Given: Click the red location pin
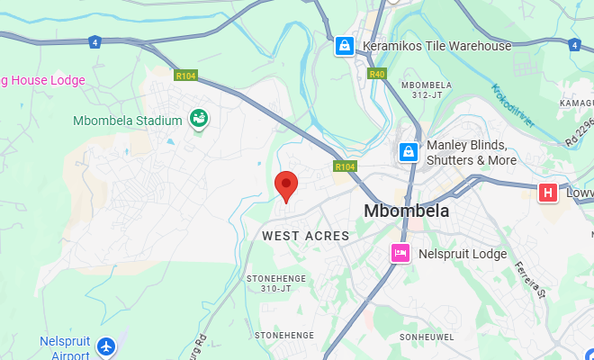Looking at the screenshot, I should pos(286,185).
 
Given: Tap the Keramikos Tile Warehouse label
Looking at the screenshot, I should pos(436,46).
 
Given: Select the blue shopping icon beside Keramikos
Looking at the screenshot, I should pos(345,45).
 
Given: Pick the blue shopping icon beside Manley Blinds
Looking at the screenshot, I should pos(409,152).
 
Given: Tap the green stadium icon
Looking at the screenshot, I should pos(197,119).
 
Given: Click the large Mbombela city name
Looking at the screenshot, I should pos(407,211).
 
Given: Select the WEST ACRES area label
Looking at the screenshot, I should pos(305,236).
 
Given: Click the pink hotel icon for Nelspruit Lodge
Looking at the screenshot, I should pos(400,254).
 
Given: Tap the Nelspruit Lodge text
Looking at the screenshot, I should pos(463,254).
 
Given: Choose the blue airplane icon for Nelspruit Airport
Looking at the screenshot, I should pos(107,346).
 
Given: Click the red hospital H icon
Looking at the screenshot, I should pos(546,193).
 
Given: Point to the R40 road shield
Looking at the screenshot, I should pos(377,74).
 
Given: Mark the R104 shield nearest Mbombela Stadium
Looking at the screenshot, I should pos(185,76).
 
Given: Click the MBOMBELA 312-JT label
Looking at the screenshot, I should pos(425,89).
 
